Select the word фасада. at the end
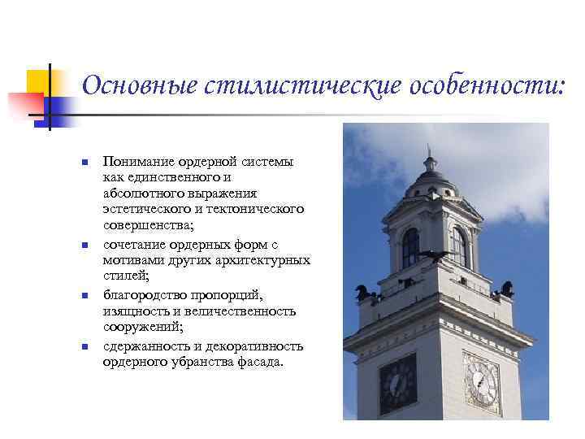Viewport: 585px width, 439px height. coord(258,363)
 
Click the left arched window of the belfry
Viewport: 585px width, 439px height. coord(411,246)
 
